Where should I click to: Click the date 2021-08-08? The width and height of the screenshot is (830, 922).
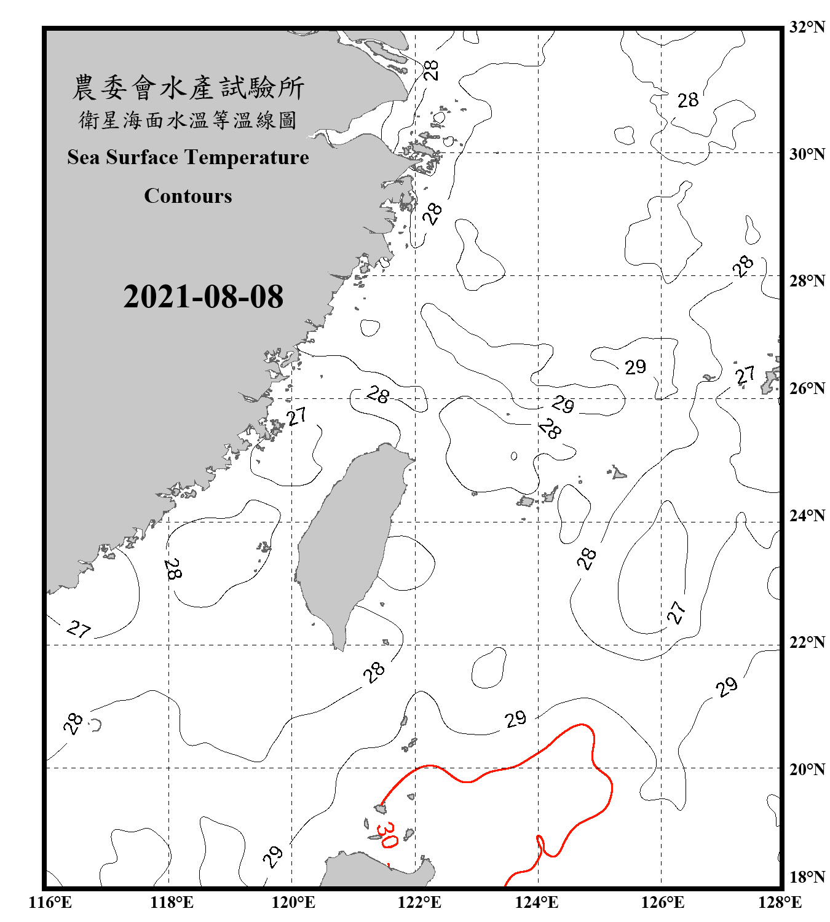click(203, 297)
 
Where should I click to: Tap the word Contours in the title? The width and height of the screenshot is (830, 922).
click(188, 196)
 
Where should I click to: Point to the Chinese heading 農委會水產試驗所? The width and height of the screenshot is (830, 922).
click(188, 88)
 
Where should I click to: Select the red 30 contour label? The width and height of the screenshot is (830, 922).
click(387, 835)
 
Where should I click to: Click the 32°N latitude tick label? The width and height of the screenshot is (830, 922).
click(807, 27)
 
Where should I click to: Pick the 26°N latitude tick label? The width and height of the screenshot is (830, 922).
click(807, 388)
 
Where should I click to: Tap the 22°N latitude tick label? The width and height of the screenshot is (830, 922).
click(807, 642)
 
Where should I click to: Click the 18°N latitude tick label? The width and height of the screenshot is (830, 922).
click(807, 877)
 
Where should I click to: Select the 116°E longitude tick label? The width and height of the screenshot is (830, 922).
click(50, 902)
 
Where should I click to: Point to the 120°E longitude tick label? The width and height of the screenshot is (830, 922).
click(293, 902)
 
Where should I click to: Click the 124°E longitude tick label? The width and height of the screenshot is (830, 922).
click(537, 902)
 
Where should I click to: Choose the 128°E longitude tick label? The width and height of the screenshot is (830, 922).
click(780, 902)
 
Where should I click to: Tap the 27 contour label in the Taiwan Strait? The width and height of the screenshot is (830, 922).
click(297, 417)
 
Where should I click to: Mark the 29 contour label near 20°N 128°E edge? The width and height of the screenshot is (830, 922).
click(727, 687)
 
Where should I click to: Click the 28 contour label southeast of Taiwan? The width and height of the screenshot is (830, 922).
click(373, 672)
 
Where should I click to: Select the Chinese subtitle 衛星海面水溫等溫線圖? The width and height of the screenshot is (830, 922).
click(188, 120)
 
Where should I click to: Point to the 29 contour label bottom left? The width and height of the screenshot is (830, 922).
click(272, 855)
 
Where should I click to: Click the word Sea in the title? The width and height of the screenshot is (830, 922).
click(84, 158)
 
